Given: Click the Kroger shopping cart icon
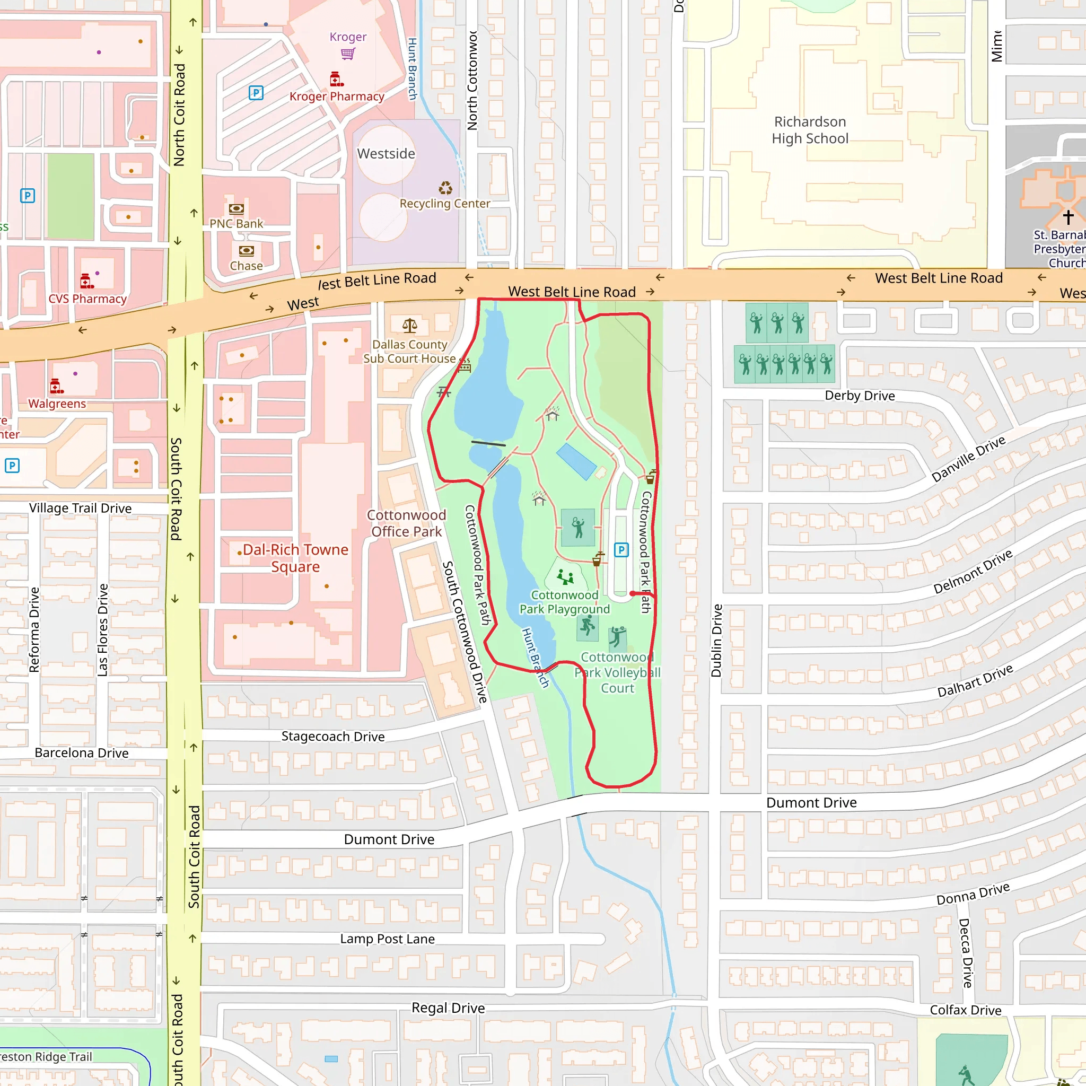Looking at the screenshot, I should pyautogui.click(x=348, y=54).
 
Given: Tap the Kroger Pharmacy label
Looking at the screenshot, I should pyautogui.click(x=337, y=96).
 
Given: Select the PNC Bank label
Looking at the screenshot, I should pyautogui.click(x=236, y=224).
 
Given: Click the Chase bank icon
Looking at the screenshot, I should pyautogui.click(x=246, y=251).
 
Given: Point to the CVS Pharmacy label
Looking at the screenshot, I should pyautogui.click(x=87, y=299).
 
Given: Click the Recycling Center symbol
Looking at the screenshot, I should pyautogui.click(x=445, y=188).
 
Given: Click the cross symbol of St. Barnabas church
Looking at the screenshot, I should pyautogui.click(x=1068, y=216).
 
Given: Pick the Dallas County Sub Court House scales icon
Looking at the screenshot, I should pyautogui.click(x=410, y=326).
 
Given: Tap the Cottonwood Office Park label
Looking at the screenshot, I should pyautogui.click(x=406, y=523).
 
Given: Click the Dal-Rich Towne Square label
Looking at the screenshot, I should pyautogui.click(x=295, y=558).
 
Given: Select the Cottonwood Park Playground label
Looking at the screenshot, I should pyautogui.click(x=564, y=602).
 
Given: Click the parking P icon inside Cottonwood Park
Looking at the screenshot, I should pyautogui.click(x=621, y=550).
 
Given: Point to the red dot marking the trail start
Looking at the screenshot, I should pyautogui.click(x=633, y=593).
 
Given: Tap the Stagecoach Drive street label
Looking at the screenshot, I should pyautogui.click(x=333, y=737).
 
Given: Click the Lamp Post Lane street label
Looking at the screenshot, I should pyautogui.click(x=387, y=939).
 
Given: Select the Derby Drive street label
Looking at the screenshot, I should pyautogui.click(x=860, y=396).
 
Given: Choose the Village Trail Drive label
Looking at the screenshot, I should pyautogui.click(x=81, y=508).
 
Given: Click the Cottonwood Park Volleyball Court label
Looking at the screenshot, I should pyautogui.click(x=617, y=672).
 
